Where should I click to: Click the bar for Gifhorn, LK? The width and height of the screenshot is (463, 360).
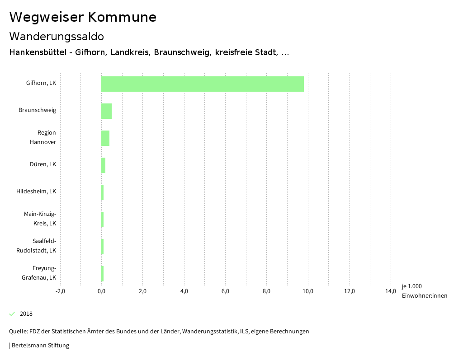click(202, 84)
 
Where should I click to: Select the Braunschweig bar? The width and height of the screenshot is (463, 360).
click(106, 111)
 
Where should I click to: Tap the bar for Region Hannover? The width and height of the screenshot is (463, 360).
click(105, 138)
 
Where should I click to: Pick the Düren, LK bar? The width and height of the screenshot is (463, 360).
click(103, 165)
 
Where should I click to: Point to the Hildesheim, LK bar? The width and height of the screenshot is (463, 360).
click(103, 192)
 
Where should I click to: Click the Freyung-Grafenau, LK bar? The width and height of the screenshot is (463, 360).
click(103, 274)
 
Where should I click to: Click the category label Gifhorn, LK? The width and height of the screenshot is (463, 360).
click(41, 83)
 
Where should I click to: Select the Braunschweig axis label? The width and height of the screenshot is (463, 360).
click(37, 110)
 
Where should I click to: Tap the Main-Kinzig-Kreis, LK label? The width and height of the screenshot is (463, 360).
click(40, 219)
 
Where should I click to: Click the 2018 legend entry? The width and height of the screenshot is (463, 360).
click(26, 314)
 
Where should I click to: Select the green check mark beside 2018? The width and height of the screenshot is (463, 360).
click(12, 314)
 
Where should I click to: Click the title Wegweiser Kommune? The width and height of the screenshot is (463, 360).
click(83, 17)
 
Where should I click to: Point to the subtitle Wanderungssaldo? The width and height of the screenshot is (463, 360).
click(57, 36)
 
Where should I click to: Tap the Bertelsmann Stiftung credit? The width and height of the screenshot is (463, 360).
click(40, 346)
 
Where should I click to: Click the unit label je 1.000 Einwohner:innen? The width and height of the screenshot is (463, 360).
click(424, 291)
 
